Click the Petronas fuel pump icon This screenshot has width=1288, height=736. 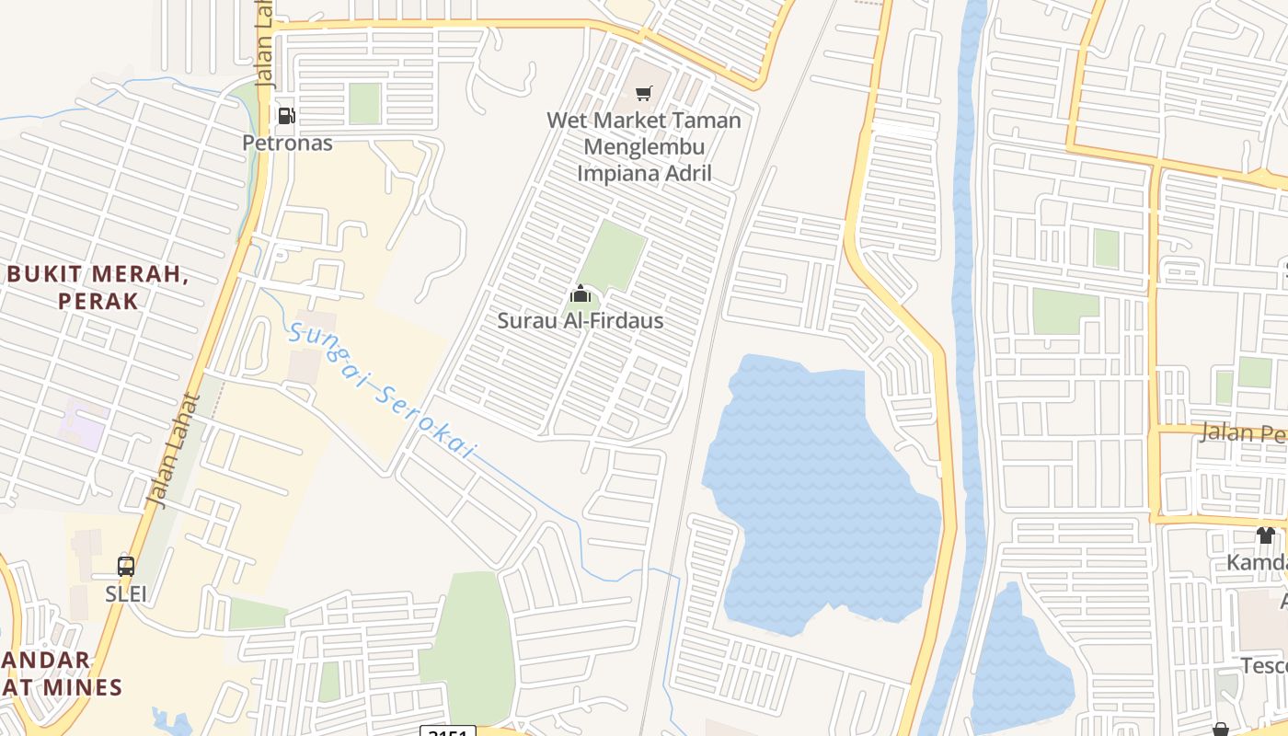coord(286,116)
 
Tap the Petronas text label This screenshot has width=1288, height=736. coord(287,143)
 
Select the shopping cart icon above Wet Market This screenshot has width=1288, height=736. coord(644,93)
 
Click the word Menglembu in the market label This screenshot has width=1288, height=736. coord(644,146)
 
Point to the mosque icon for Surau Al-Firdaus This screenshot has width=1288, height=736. coord(581,294)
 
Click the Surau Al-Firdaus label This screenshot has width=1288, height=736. coord(580,321)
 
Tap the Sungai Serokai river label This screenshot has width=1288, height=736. coord(382,392)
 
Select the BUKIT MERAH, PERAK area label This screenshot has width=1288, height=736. coord(98,287)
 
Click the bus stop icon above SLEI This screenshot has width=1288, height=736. coord(126,567)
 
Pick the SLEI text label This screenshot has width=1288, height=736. coord(126,593)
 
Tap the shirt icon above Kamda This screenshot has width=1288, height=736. coord(1266,535)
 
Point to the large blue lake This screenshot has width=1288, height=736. coord(819,488)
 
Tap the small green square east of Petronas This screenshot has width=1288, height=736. coord(364,103)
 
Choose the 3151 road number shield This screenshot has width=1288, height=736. coord(448,731)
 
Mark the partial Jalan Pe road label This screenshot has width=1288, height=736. coord(1242,432)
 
